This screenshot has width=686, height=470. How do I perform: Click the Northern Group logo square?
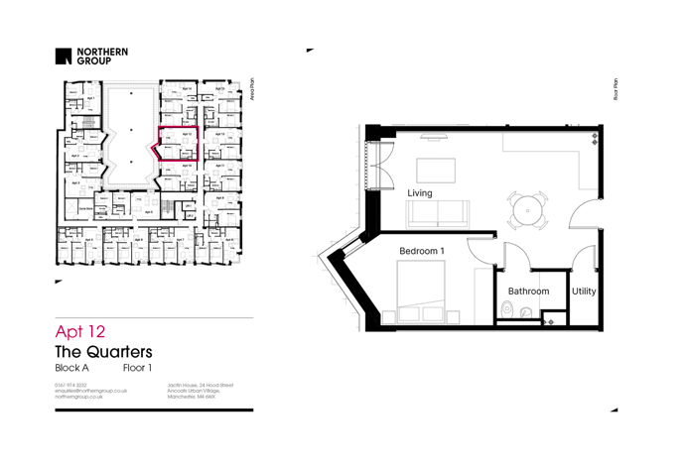click(64, 57)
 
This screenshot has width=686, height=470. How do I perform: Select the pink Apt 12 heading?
click(79, 331)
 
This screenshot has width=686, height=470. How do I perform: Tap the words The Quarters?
click(103, 352)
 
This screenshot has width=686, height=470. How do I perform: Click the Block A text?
click(71, 368)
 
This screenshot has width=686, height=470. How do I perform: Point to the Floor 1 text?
click(137, 368)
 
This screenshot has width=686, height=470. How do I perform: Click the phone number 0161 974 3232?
click(70, 385)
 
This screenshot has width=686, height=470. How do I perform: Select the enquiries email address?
click(90, 391)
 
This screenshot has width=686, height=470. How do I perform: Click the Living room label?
click(419, 193)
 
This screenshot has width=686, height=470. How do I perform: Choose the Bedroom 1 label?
click(421, 252)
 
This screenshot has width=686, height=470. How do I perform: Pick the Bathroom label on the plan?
click(528, 292)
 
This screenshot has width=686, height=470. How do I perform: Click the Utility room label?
click(584, 292)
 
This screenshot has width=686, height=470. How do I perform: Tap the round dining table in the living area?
click(526, 210)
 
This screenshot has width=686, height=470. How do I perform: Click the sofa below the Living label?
click(439, 213)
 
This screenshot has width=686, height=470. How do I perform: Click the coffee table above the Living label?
click(435, 170)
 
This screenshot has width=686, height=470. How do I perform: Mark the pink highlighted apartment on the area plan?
click(179, 143)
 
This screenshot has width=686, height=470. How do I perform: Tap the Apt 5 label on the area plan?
click(149, 212)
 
